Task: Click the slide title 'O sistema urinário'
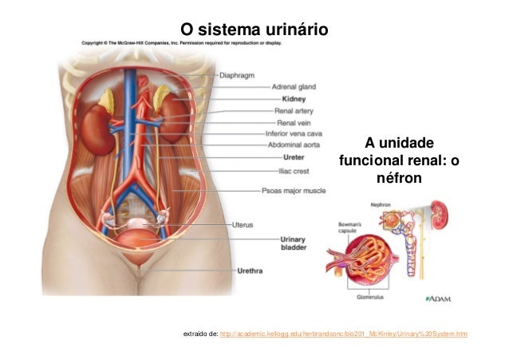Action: [254, 30]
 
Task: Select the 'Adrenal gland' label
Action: [294, 87]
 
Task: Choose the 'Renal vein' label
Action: [291, 123]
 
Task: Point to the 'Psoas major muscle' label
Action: [294, 192]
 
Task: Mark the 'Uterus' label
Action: [243, 225]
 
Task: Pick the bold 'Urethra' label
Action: [252, 271]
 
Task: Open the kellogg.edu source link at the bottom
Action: [343, 333]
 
